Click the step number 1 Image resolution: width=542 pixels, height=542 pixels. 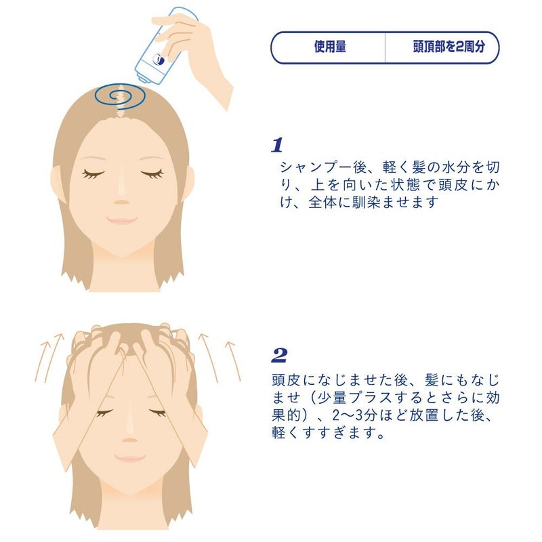coord(276,145)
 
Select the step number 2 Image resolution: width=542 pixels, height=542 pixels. coord(278,355)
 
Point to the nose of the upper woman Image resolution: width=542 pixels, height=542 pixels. coord(122,196)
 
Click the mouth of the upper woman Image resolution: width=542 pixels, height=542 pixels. coord(123,220)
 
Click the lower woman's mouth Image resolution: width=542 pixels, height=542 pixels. coord(128,459)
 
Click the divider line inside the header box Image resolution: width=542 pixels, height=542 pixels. coord(385,47)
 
